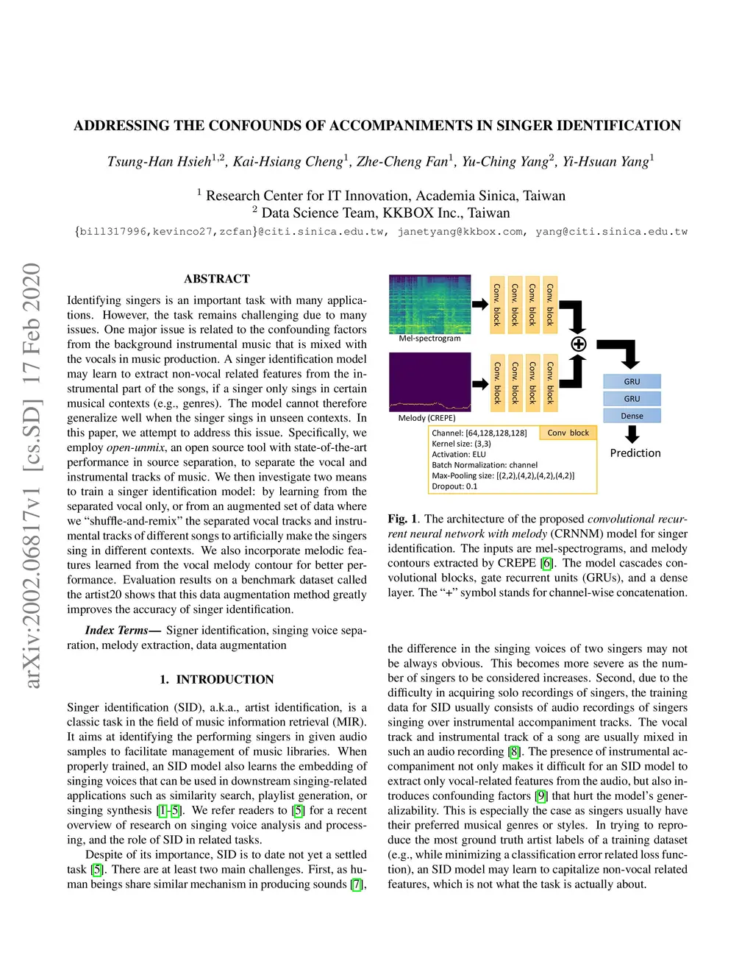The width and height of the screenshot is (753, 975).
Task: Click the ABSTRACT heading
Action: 217,279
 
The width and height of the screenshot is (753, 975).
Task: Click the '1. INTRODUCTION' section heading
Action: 217,679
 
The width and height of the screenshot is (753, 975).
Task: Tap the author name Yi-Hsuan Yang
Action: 606,162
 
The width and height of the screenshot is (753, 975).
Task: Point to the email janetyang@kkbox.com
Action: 460,232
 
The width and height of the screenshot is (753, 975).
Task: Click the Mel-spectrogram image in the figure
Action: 429,304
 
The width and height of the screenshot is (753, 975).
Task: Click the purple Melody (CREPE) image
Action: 429,382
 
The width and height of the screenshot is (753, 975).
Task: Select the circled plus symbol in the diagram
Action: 579,344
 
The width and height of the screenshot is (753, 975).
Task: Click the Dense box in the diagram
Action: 632,416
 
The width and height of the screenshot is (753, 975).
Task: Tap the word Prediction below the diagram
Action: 635,453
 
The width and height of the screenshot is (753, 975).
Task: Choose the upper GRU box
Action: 632,381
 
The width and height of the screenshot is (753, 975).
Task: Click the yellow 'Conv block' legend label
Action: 568,433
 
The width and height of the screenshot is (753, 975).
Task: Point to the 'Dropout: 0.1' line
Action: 454,486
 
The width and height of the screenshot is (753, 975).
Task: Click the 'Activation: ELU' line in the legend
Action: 459,454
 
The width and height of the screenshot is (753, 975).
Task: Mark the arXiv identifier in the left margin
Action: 31,475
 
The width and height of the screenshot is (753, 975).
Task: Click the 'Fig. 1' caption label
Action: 402,519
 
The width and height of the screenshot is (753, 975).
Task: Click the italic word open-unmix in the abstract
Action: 135,447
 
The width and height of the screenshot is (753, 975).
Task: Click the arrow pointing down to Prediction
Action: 632,435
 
